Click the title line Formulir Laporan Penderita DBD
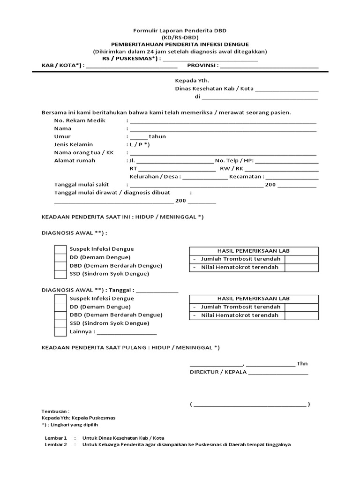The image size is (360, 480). coord(180,30)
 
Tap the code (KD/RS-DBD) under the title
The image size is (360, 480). coord(180,37)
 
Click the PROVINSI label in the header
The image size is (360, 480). coord(202,66)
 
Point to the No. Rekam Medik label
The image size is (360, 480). coord(80,120)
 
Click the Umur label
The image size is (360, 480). coord(62,136)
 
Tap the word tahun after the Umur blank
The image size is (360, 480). coord(157,136)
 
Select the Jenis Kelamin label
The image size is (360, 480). coord(74,144)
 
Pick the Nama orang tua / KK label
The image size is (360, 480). coord(84,152)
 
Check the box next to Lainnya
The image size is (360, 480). coord(60,332)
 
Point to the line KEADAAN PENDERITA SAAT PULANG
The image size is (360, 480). coord(130,347)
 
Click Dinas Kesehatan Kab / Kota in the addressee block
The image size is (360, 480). coord(214,89)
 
